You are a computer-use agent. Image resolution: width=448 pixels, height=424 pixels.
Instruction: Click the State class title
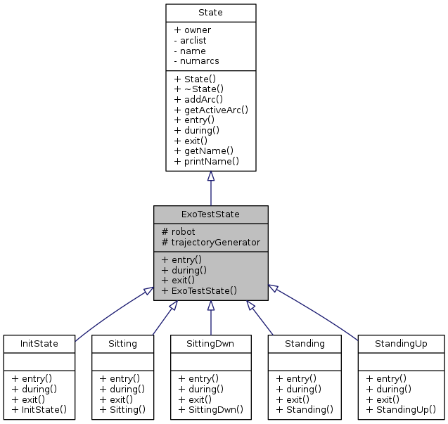click(x=210, y=13)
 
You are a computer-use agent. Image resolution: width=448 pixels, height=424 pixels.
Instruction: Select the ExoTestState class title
click(x=210, y=214)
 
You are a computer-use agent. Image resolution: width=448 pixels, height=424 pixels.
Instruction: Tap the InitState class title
click(x=39, y=344)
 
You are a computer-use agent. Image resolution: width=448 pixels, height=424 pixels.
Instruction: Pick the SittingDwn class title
click(x=210, y=344)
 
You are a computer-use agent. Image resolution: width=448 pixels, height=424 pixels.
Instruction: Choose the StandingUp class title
click(x=401, y=344)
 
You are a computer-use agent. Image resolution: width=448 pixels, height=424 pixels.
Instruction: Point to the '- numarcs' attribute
click(x=196, y=61)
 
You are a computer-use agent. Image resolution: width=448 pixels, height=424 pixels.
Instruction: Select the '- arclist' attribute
click(x=190, y=41)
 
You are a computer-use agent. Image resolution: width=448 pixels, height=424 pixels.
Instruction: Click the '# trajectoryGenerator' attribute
click(x=211, y=242)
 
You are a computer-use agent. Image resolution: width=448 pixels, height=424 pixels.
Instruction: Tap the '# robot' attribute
click(x=179, y=231)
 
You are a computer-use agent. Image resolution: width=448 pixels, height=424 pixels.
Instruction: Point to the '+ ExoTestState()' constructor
click(x=199, y=290)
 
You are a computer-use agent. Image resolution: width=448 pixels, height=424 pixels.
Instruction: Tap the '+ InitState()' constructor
click(x=39, y=409)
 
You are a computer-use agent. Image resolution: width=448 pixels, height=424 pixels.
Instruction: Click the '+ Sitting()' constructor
click(x=122, y=409)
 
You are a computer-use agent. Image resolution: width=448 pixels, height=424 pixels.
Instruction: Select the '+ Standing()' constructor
click(x=305, y=409)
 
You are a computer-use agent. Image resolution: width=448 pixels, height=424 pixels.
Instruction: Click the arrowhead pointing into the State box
click(x=210, y=176)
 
